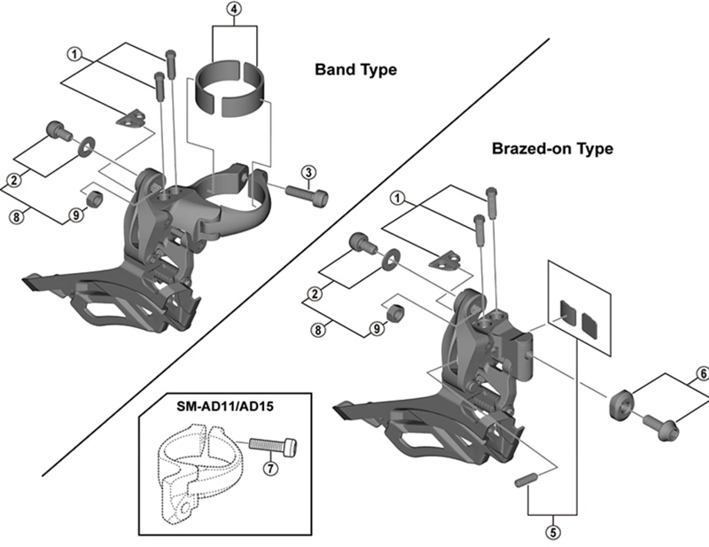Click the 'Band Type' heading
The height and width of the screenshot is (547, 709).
click(x=355, y=69)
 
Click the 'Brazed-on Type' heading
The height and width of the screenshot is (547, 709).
click(x=551, y=149)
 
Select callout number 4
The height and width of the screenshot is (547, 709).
click(x=234, y=11)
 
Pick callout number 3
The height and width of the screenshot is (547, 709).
click(x=308, y=171)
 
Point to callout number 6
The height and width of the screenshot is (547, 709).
click(x=701, y=374)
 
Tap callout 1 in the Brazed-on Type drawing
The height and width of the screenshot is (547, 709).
click(x=398, y=198)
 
